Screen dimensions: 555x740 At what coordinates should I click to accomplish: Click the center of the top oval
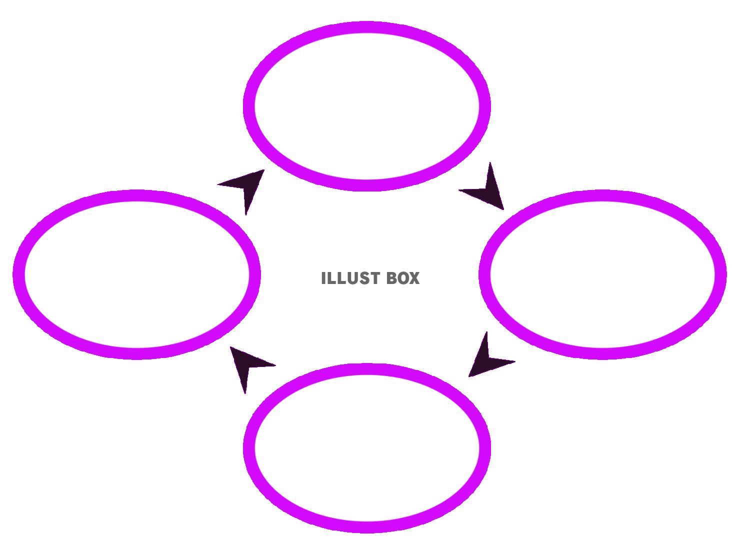click(366, 106)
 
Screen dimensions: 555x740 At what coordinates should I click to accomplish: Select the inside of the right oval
click(602, 274)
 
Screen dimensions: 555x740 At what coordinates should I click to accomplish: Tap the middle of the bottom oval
click(366, 448)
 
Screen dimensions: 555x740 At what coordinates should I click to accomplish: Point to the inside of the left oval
click(136, 274)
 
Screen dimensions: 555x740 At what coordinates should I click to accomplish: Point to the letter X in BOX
click(414, 278)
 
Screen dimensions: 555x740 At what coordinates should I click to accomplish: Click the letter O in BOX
click(403, 278)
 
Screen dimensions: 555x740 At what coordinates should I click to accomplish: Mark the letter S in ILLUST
click(362, 278)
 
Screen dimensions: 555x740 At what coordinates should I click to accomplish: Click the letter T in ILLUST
click(372, 278)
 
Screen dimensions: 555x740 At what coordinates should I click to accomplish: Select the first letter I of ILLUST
click(323, 278)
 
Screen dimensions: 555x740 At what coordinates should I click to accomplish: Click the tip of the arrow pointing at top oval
click(263, 170)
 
